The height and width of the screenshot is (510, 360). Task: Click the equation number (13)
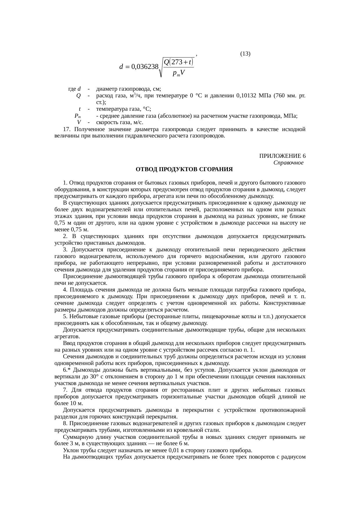[245, 53]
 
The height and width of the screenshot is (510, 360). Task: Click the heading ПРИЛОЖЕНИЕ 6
[282, 156]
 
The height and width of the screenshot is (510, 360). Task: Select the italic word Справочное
[289, 163]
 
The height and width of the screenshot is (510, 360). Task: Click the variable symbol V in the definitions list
[79, 122]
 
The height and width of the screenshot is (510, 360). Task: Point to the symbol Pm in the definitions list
[78, 116]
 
